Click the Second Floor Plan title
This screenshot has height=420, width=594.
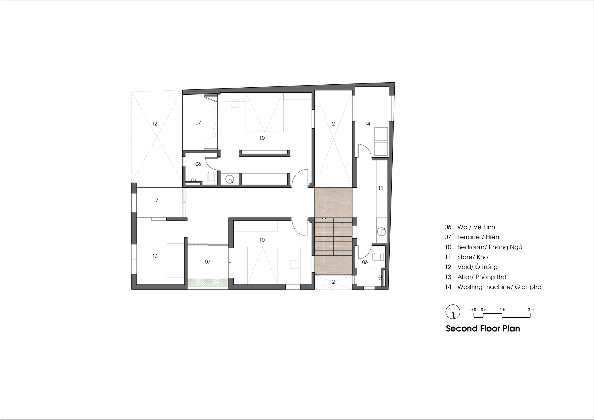click(x=483, y=329)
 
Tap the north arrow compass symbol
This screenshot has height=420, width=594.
click(x=453, y=312)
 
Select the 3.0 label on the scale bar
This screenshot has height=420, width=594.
click(x=530, y=310)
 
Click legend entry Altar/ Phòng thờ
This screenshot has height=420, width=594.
click(x=475, y=277)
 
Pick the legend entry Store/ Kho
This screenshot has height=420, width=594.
click(x=466, y=257)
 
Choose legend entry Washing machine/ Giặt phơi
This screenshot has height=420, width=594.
click(x=493, y=287)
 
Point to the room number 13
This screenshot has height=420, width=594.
click(x=155, y=256)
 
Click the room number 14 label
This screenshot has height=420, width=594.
click(x=367, y=124)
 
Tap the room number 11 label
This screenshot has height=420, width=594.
click(x=380, y=188)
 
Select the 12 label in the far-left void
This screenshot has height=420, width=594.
click(x=154, y=124)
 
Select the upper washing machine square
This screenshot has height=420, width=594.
click(x=381, y=134)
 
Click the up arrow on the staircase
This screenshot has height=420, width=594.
click(x=324, y=218)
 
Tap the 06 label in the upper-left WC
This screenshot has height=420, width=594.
click(x=198, y=164)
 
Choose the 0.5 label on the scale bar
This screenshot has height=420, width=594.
click(x=484, y=310)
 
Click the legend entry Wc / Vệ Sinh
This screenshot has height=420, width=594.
click(x=470, y=227)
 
